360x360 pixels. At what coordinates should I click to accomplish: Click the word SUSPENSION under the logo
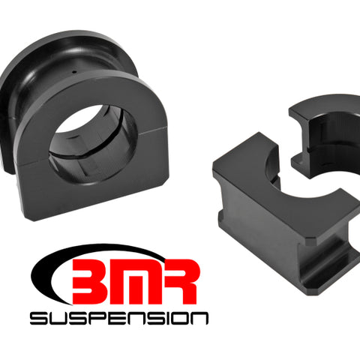[119, 318]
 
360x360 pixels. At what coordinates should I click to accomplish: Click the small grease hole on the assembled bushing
[74, 72]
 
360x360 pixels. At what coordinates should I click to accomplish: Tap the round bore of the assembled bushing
[93, 145]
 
